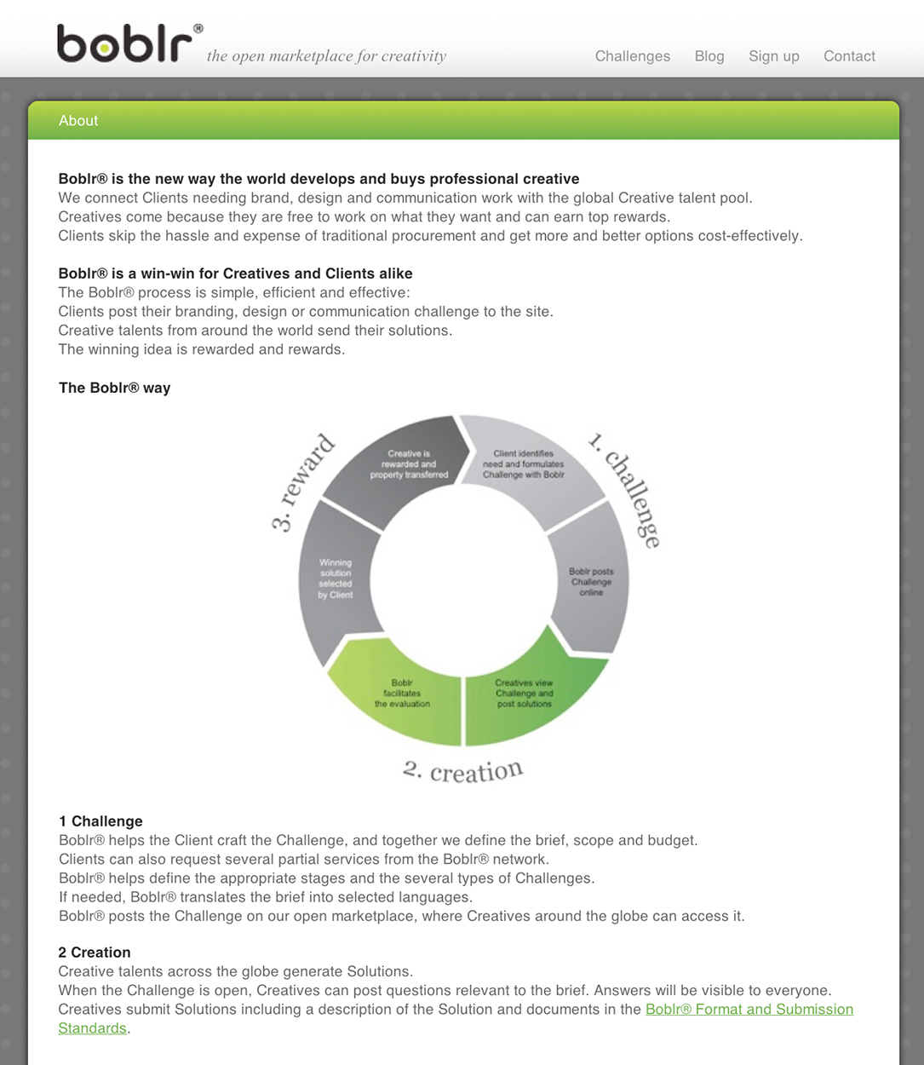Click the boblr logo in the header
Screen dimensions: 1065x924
pyautogui.click(x=124, y=44)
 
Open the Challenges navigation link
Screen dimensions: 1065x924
pyautogui.click(x=632, y=56)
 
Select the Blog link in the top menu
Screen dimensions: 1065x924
pyautogui.click(x=709, y=56)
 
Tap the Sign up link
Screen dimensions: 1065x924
pyautogui.click(x=773, y=56)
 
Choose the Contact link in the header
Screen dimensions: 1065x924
pyautogui.click(x=849, y=56)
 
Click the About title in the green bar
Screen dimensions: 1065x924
pyautogui.click(x=78, y=121)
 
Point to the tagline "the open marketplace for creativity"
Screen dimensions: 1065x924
pyautogui.click(x=326, y=56)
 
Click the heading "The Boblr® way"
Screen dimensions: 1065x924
pyautogui.click(x=114, y=388)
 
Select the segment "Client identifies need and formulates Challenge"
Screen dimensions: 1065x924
pyautogui.click(x=523, y=464)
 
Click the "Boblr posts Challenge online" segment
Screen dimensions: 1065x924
pyautogui.click(x=591, y=582)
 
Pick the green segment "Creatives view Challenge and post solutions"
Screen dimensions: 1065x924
pyautogui.click(x=524, y=694)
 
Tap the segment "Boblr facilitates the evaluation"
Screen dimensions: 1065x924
pyautogui.click(x=402, y=694)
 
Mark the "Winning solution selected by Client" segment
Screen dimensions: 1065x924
pyautogui.click(x=336, y=579)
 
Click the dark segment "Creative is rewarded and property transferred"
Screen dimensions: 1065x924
pyautogui.click(x=409, y=464)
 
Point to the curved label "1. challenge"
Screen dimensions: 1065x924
pyautogui.click(x=626, y=489)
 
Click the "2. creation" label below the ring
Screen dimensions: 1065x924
pyautogui.click(x=462, y=771)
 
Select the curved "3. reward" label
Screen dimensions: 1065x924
pyautogui.click(x=303, y=482)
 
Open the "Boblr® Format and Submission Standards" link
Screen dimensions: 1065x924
pyautogui.click(x=749, y=1010)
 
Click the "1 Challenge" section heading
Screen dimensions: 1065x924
pyautogui.click(x=100, y=821)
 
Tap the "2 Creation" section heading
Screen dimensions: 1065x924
pyautogui.click(x=95, y=953)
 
